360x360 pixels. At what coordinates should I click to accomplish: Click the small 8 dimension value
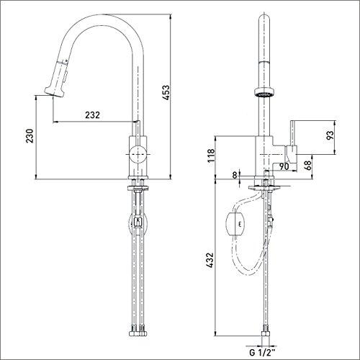click(235, 174)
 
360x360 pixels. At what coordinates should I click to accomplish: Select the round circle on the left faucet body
click(138, 154)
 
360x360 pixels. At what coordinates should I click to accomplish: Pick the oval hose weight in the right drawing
click(236, 225)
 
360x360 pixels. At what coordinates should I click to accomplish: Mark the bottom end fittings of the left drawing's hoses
click(138, 332)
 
